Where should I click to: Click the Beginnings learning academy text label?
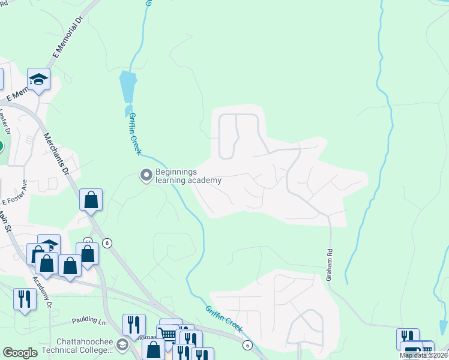tap(188, 175)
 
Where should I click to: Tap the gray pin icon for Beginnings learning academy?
tap(146, 175)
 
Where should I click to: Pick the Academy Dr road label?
tap(43, 286)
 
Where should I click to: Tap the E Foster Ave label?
tap(14, 193)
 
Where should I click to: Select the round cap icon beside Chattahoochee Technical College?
tap(122, 344)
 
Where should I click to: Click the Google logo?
tap(20, 353)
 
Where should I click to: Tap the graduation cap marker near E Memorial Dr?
tap(39, 79)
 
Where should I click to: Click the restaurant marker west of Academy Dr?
tap(25, 298)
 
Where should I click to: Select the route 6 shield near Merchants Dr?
tap(107, 243)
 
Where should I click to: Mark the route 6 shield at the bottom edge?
tap(247, 345)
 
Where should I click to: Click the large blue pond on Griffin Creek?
tap(128, 87)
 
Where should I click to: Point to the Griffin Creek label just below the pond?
tap(134, 134)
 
